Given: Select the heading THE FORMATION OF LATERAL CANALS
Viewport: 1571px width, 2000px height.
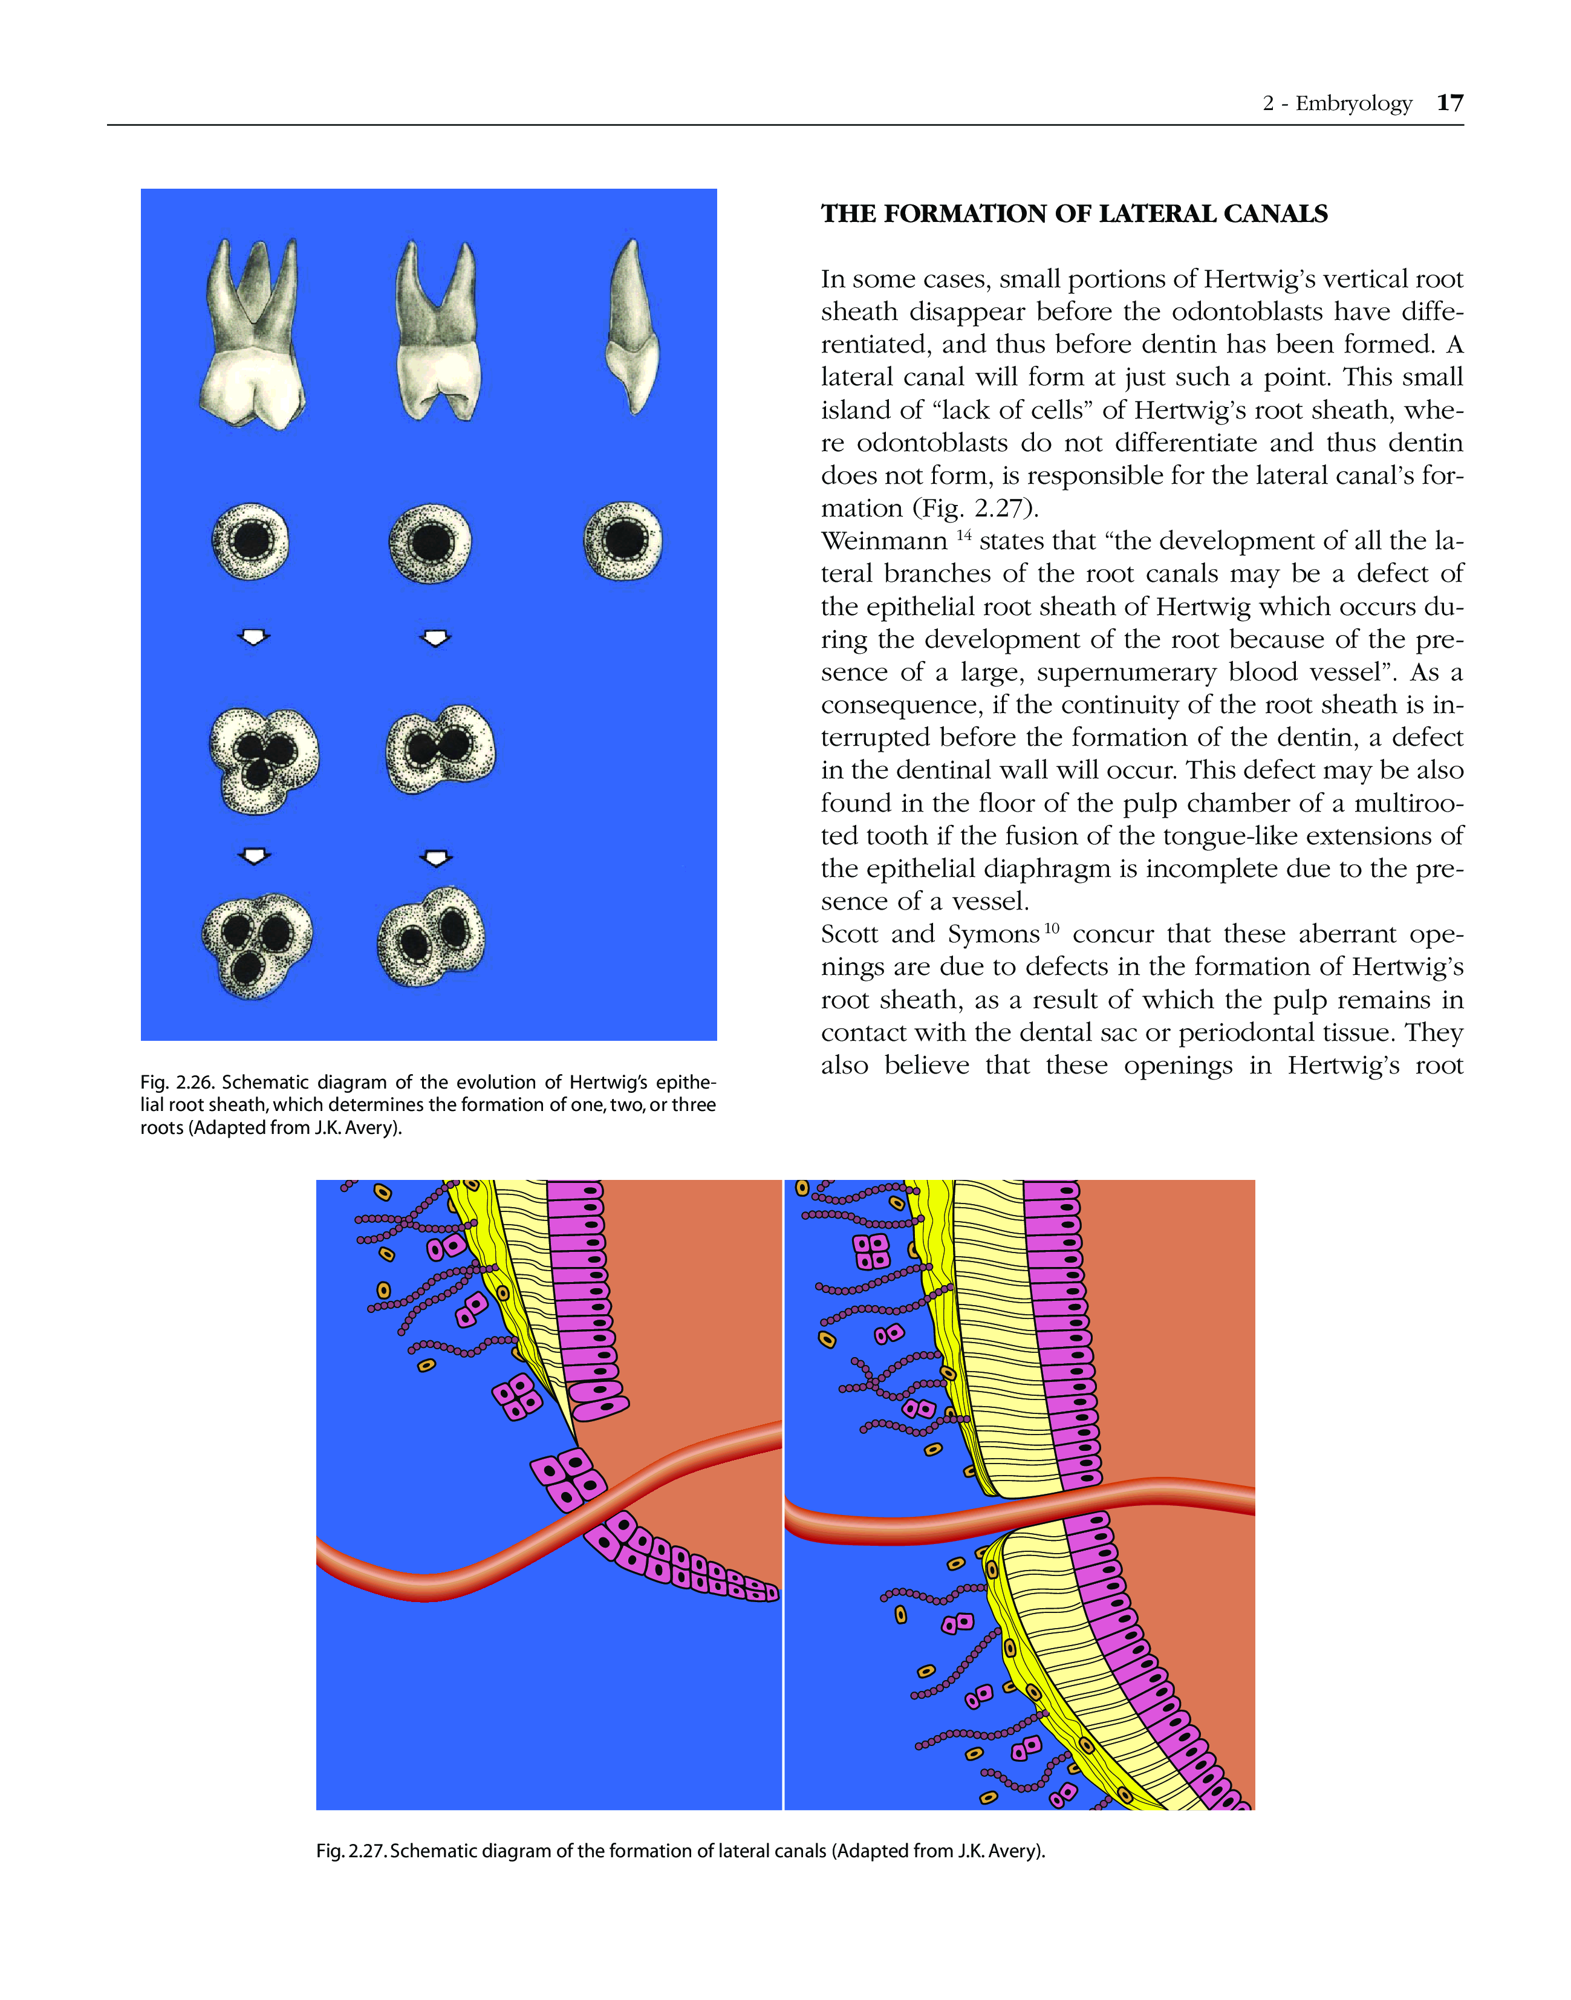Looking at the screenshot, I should [x=1073, y=214].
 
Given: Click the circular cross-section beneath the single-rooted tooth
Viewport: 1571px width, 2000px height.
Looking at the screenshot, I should [x=623, y=541].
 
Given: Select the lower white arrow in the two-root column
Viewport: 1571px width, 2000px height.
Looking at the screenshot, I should [x=436, y=858].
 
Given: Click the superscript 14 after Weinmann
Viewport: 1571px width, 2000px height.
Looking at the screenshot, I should [x=963, y=535].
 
